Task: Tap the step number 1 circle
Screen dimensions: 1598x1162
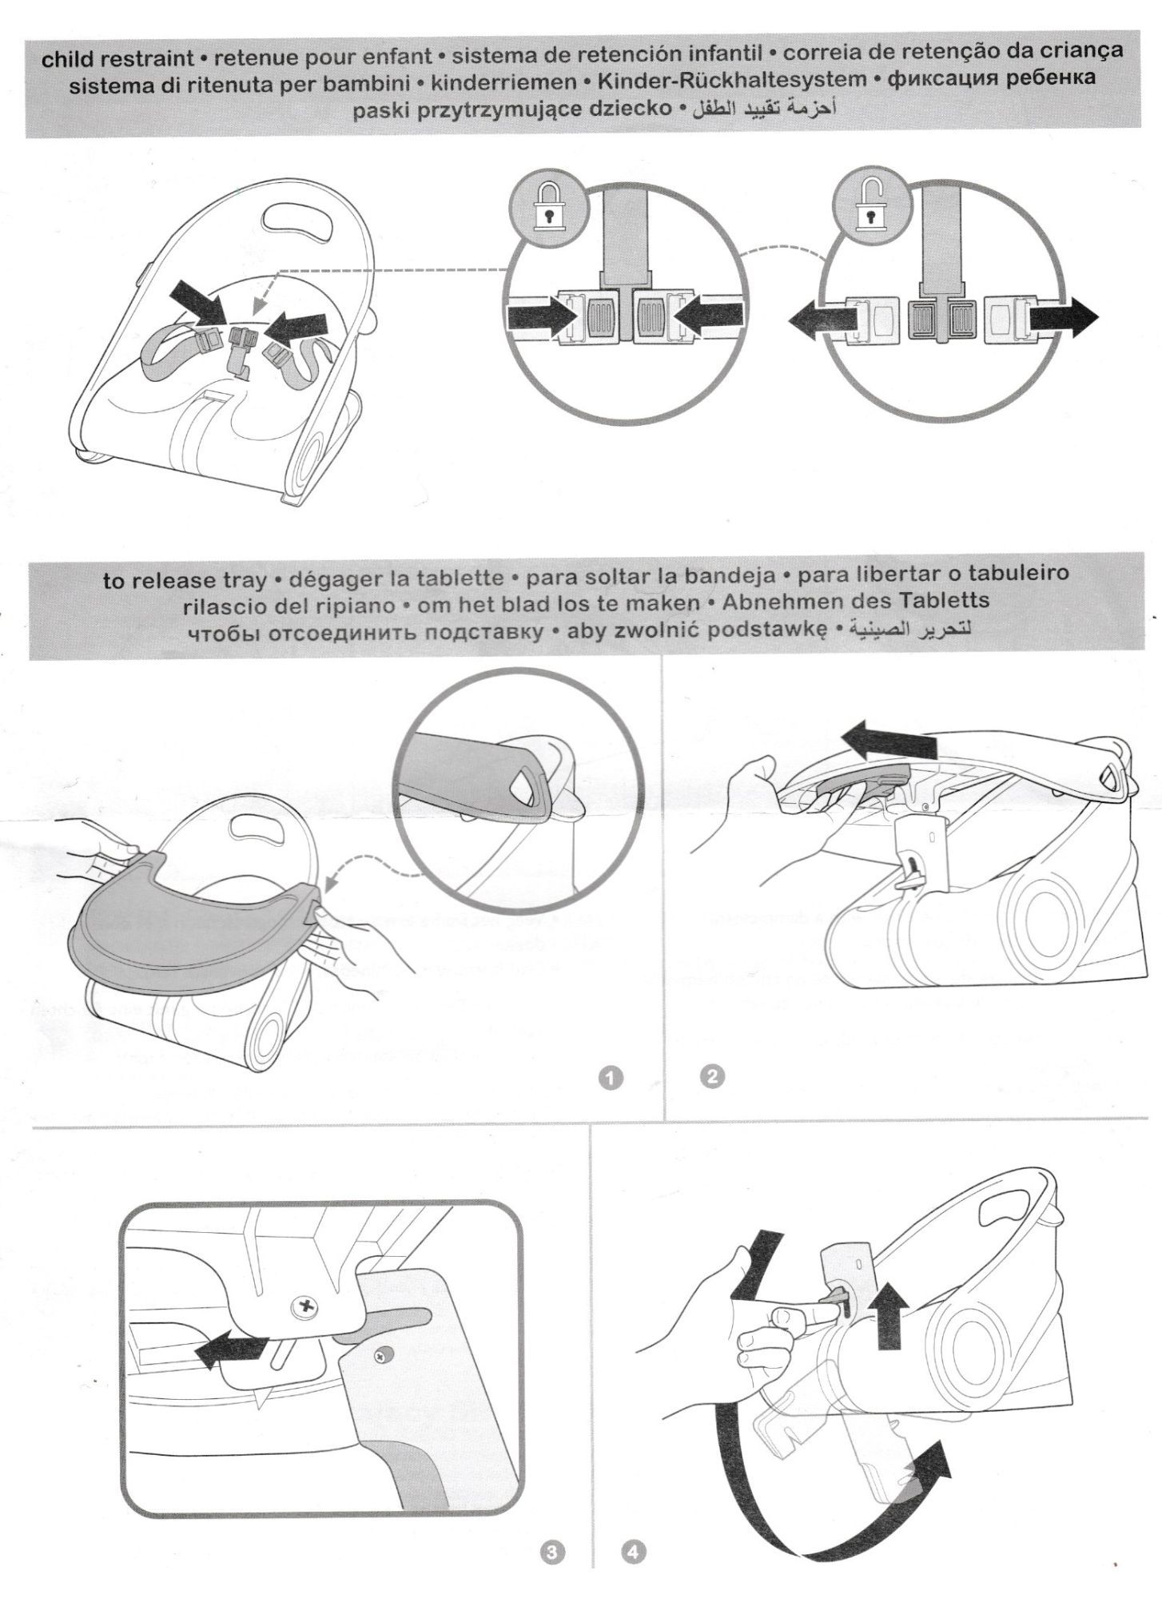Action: tap(611, 1078)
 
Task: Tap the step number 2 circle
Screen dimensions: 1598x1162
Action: tap(710, 1076)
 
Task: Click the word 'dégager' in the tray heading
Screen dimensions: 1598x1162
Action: tap(328, 578)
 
